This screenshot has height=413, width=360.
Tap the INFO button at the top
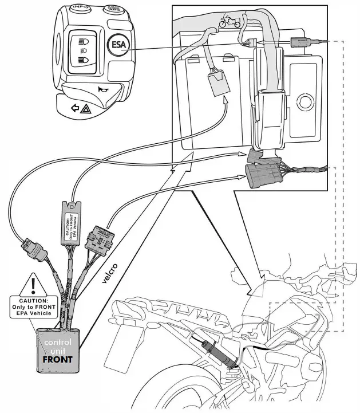79,9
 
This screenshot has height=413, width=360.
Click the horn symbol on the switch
104,89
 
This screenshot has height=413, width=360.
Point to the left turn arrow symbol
73,108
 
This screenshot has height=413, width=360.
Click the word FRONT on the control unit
57,359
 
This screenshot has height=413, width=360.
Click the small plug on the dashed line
300,41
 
